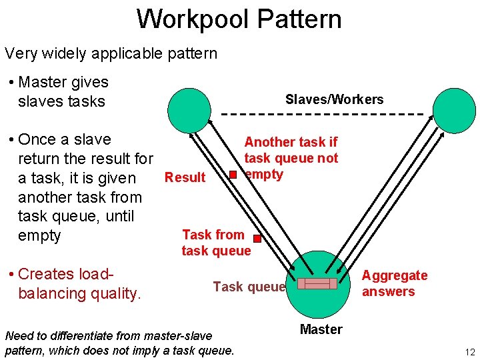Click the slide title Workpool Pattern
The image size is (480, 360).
tap(239, 19)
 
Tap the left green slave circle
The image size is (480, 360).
tap(189, 110)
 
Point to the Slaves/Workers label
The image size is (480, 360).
tap(334, 100)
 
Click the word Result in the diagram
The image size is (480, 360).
tap(185, 177)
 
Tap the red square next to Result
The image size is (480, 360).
tap(233, 175)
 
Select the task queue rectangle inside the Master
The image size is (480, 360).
tap(317, 284)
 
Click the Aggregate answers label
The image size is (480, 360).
tap(394, 283)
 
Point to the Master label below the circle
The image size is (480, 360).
tap(321, 329)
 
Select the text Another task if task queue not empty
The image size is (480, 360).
tap(291, 158)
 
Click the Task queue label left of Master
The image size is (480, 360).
tap(249, 287)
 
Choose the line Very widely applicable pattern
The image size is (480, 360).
tap(111, 53)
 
